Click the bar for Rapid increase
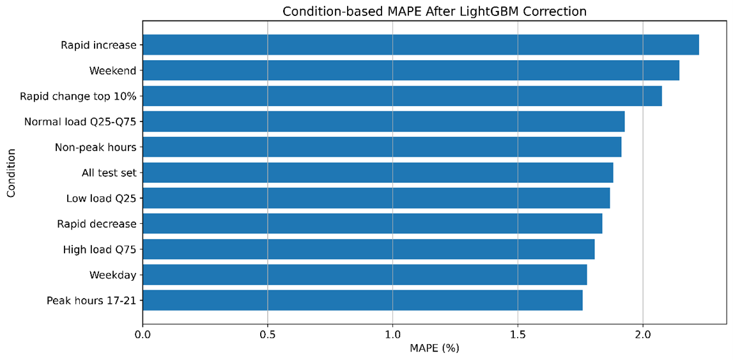(421, 45)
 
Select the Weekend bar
(411, 70)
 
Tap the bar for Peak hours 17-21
(363, 300)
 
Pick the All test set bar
(378, 173)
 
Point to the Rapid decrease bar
(373, 223)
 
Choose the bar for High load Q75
(368, 249)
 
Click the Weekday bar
(365, 275)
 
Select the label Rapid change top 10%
(78, 97)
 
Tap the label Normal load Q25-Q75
(81, 122)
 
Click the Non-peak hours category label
(96, 147)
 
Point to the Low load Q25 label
(102, 198)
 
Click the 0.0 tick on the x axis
(143, 334)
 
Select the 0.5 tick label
(267, 334)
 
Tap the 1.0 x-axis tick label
(392, 334)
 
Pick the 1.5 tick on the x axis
(518, 334)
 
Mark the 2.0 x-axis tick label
(643, 334)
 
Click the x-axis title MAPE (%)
(435, 348)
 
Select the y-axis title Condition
(12, 173)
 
